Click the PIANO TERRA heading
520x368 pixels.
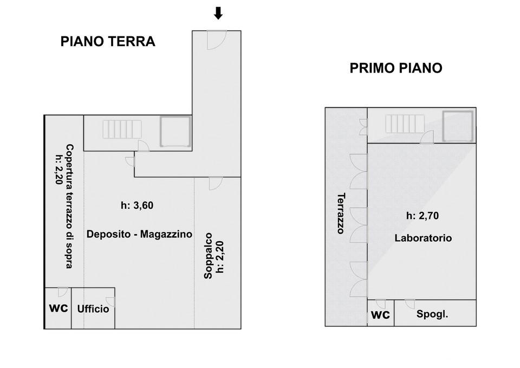point(108,42)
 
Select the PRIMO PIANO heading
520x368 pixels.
point(396,68)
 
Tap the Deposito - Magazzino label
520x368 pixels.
point(140,234)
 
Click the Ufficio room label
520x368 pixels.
point(93,309)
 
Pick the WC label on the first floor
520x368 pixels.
point(381,315)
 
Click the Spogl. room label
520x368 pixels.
point(432,314)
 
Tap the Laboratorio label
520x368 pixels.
point(423,238)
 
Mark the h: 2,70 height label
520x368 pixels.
point(422,216)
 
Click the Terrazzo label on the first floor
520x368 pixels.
point(341,213)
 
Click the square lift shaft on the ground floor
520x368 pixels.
point(175,132)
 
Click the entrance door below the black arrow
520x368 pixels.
point(216,40)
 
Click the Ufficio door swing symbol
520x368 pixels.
point(111,302)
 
